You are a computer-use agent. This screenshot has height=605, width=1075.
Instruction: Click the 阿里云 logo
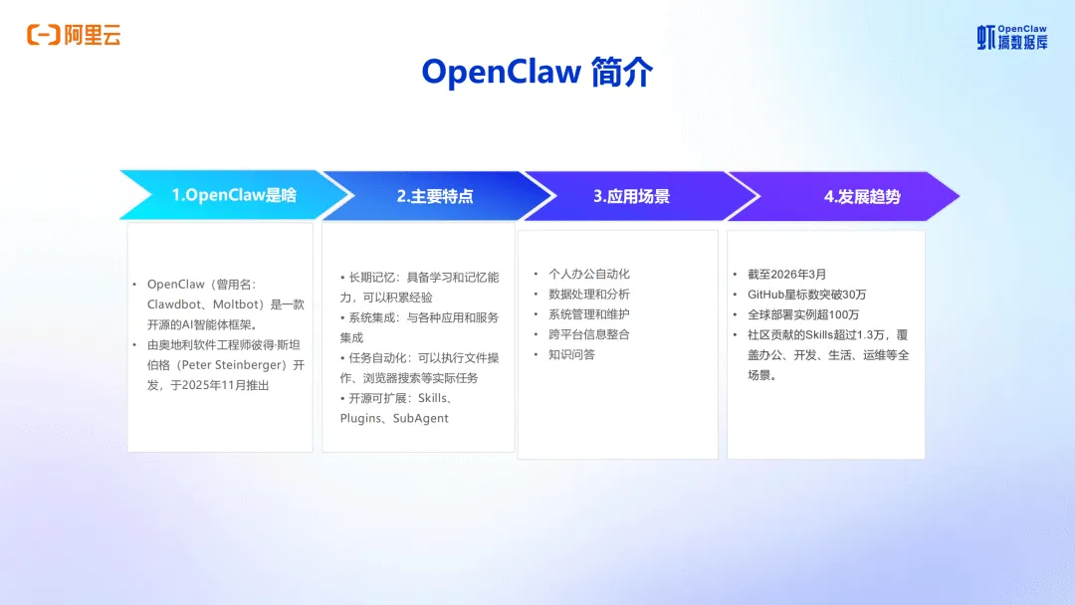[74, 36]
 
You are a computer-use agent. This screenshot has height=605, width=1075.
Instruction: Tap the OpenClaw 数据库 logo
[1011, 38]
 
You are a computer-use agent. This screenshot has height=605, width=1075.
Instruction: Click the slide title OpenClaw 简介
[537, 73]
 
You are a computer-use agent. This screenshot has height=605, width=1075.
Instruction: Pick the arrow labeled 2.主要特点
[434, 196]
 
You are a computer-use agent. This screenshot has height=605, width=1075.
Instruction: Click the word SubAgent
[420, 418]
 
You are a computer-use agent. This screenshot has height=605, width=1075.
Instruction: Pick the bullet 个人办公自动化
[589, 274]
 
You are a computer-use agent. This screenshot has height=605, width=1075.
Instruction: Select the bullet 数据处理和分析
[589, 294]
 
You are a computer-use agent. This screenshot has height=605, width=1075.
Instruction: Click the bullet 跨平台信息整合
[589, 334]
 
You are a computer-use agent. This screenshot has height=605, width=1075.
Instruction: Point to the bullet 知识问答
[571, 354]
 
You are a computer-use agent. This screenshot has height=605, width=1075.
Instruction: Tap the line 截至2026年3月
[786, 275]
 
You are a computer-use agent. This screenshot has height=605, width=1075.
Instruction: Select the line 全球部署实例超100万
[803, 314]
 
